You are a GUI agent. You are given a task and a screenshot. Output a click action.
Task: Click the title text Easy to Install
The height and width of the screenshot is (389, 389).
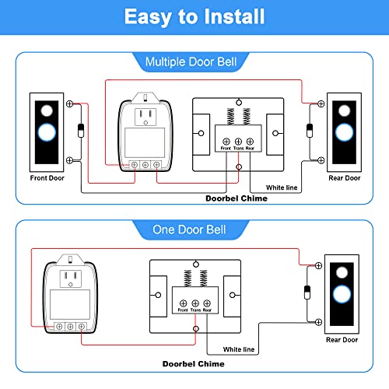[194, 16]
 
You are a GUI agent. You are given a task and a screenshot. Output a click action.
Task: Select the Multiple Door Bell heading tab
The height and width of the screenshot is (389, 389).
[194, 61]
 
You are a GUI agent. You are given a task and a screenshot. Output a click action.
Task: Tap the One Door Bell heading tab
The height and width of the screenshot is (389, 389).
[194, 230]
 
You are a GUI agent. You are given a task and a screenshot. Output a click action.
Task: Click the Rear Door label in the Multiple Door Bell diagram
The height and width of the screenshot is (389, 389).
[344, 178]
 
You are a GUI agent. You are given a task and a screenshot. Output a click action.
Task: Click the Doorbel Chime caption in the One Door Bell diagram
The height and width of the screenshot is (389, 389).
[194, 363]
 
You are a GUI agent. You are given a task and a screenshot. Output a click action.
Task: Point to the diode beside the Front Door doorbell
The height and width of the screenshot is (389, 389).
[82, 129]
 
